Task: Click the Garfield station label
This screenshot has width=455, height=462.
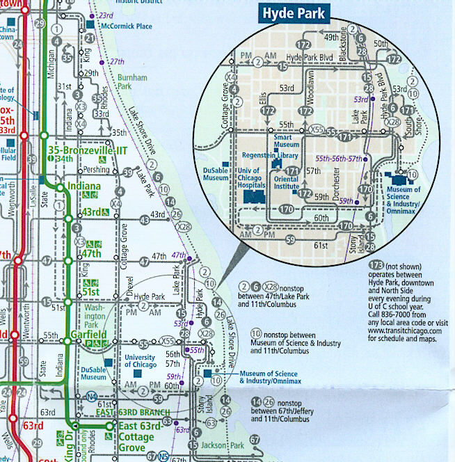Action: pos(88,335)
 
